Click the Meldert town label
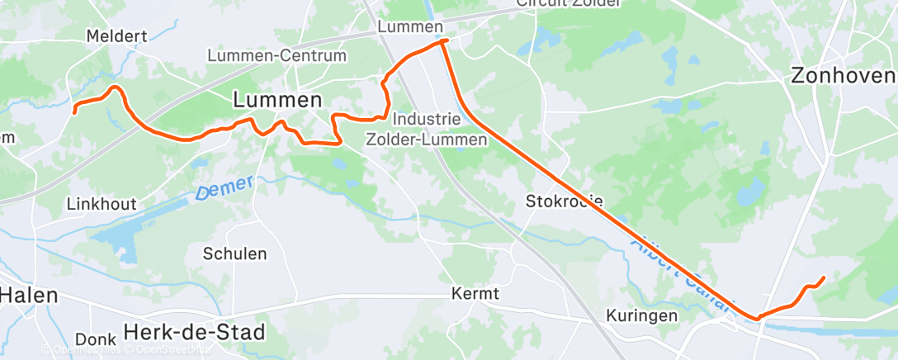pos(116,36)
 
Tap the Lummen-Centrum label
pos(276,56)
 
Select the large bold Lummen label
pos(277,100)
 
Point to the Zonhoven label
pos(843,76)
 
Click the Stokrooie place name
pos(565,201)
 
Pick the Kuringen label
pos(641,315)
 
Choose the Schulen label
pos(235,253)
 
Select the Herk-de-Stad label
pos(195,333)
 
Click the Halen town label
pos(28,296)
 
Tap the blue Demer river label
pos(224,189)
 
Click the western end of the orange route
pos(75,111)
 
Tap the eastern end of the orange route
pos(824,277)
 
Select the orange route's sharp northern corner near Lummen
pos(444,40)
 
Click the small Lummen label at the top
pos(410,27)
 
